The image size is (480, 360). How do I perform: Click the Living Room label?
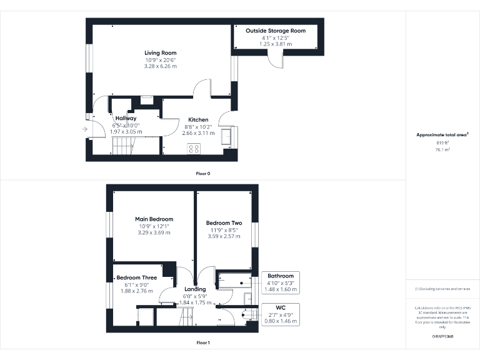161,53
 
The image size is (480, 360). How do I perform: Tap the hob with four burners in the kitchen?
194,149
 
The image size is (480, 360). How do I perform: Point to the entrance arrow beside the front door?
84,129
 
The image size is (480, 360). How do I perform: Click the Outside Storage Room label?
276,31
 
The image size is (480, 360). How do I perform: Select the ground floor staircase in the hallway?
122,147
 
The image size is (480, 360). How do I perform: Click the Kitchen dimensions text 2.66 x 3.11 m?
198,133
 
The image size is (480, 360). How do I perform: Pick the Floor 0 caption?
203,172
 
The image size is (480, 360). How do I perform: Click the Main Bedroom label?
154,219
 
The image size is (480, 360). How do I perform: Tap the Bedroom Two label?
224,222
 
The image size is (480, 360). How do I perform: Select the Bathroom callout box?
280,282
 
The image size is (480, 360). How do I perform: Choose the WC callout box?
280,314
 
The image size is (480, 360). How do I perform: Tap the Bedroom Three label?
136,277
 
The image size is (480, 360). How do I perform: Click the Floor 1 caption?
203,342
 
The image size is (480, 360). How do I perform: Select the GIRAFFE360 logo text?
442,337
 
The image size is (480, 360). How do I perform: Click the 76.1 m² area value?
442,149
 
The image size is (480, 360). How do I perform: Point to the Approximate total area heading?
442,135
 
